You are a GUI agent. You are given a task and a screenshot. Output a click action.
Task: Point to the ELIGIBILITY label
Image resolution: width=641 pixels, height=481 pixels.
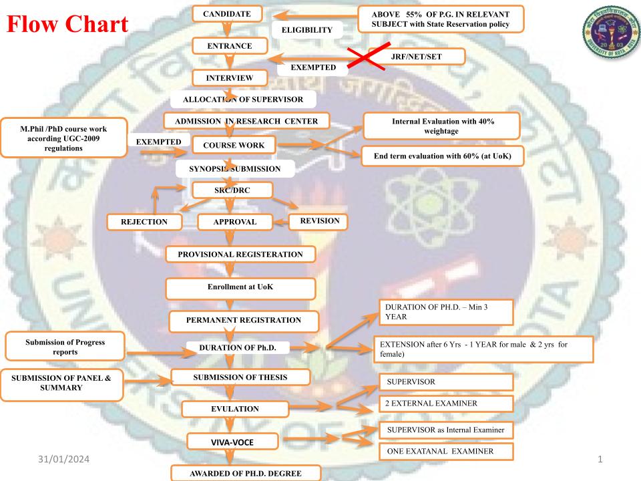click(308, 30)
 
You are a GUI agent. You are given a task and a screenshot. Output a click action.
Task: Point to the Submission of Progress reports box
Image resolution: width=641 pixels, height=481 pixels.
click(65, 347)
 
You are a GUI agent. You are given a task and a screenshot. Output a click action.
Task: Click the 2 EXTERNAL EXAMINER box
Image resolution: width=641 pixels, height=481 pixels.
click(445, 404)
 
